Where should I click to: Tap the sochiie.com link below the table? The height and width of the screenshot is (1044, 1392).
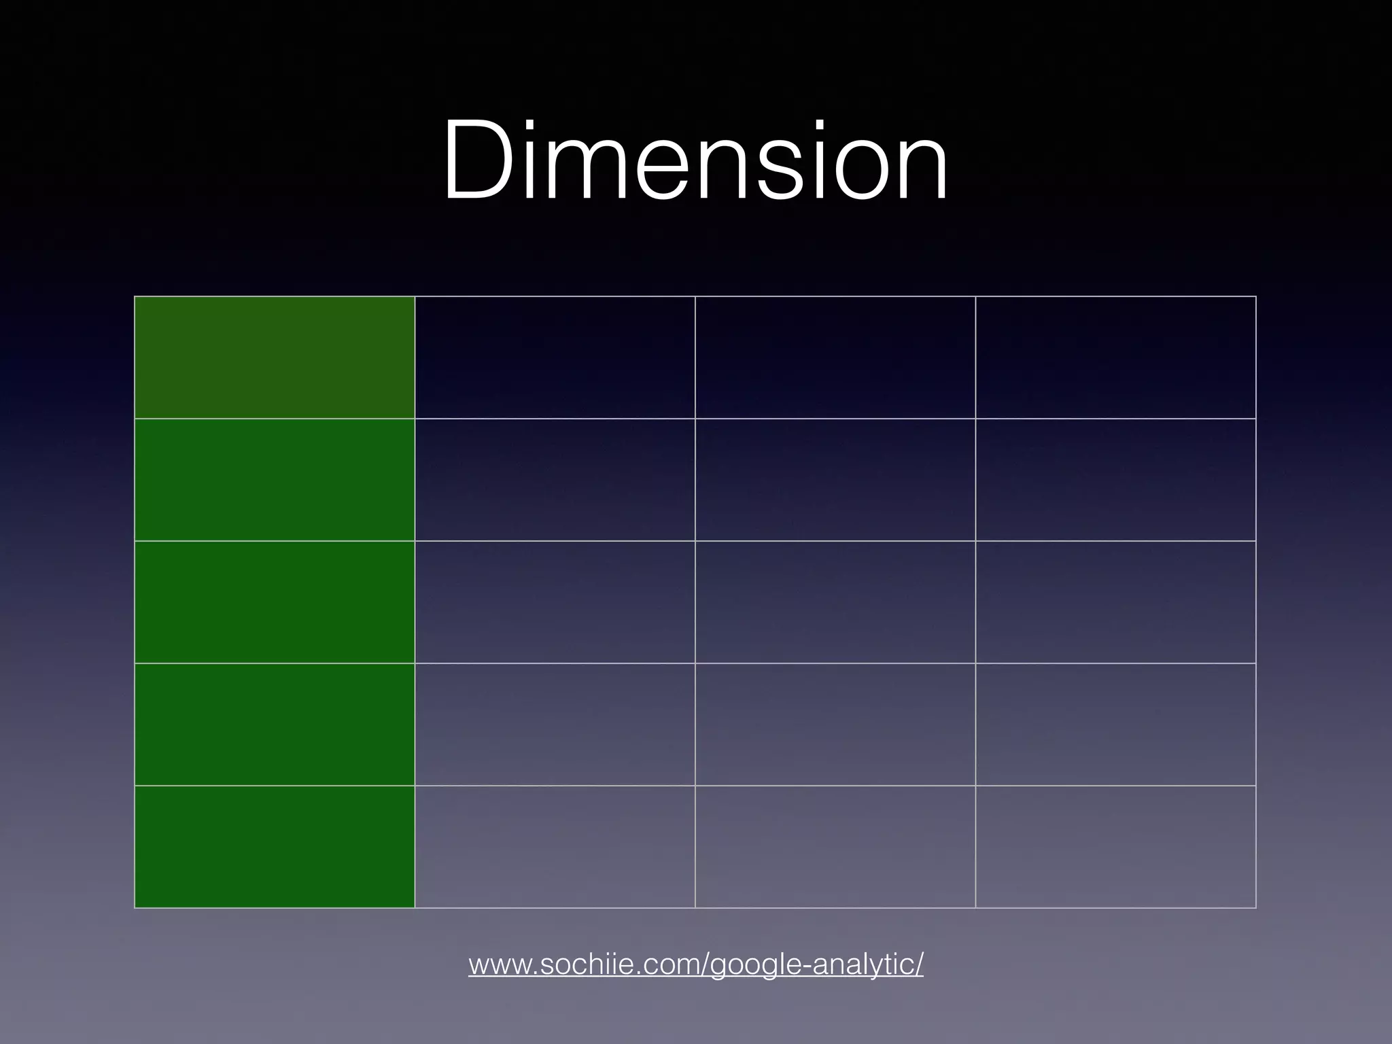point(695,964)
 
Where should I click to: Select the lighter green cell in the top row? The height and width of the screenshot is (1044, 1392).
point(275,358)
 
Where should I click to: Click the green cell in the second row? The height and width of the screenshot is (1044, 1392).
point(275,480)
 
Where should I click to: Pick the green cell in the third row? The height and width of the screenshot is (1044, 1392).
point(275,602)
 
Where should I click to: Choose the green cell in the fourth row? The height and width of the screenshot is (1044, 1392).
point(275,725)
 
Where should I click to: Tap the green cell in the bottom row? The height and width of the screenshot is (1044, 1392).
point(275,847)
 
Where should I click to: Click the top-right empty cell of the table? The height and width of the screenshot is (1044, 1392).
point(1115,358)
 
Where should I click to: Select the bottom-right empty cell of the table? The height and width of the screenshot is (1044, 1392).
point(1115,847)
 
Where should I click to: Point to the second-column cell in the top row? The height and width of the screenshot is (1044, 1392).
point(555,358)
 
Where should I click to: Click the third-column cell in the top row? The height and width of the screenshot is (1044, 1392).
point(835,358)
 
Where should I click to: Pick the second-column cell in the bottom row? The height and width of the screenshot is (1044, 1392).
point(555,847)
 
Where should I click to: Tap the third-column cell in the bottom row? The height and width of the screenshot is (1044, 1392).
point(835,847)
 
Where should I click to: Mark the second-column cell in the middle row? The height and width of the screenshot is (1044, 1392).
point(555,602)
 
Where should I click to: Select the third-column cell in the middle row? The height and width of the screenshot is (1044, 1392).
point(835,602)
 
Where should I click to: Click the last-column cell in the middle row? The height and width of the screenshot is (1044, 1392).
point(1115,602)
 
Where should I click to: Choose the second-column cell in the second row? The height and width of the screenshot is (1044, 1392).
point(555,480)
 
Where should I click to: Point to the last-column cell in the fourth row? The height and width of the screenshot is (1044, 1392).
point(1115,725)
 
